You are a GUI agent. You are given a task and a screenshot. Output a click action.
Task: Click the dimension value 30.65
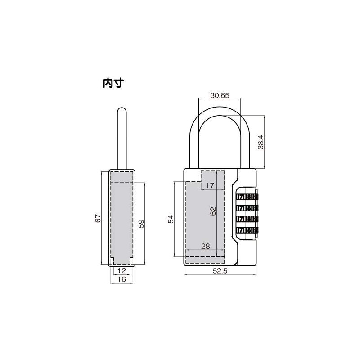click(x=220, y=95)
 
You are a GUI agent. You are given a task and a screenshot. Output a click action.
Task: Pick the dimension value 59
click(x=141, y=224)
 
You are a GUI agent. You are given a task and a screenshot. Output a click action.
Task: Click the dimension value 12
click(x=121, y=270)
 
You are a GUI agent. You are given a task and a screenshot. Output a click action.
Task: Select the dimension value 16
click(x=121, y=279)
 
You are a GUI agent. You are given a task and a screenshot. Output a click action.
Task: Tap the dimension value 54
click(x=171, y=219)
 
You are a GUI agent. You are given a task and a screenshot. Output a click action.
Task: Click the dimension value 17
click(x=210, y=185)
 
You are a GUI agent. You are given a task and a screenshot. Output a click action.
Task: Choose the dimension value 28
click(x=206, y=246)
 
